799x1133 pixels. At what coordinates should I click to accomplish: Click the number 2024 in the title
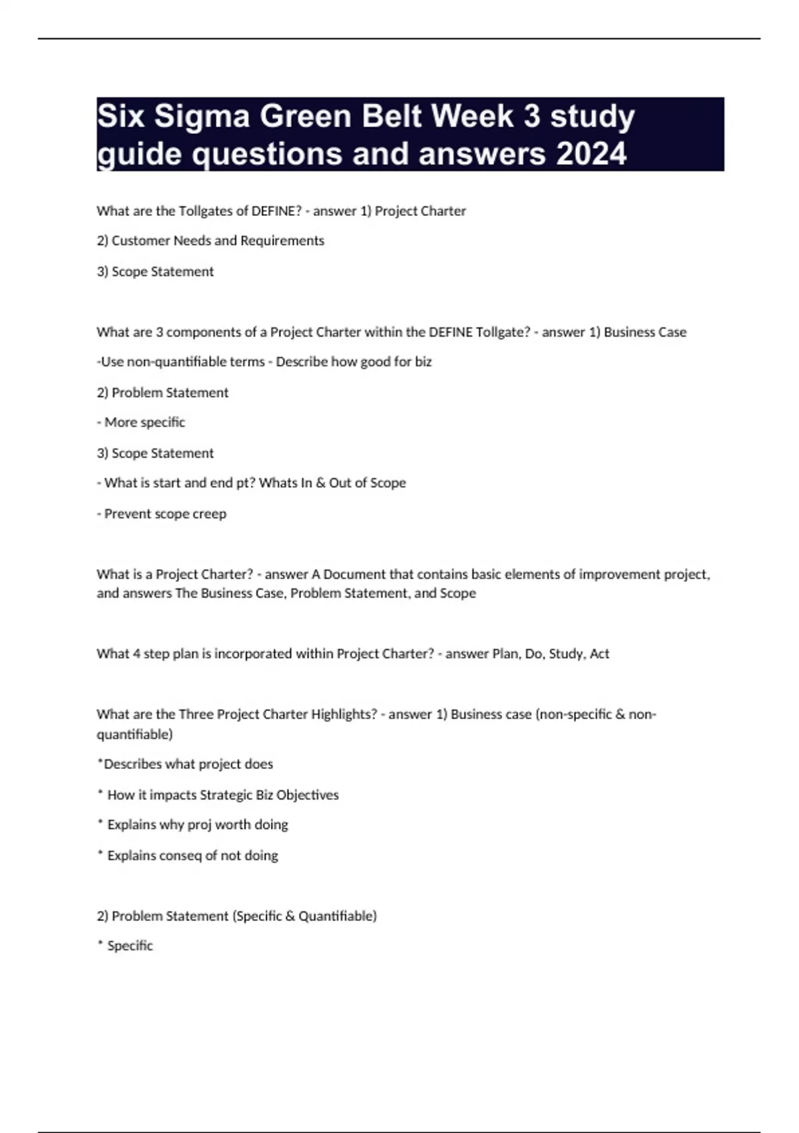point(591,154)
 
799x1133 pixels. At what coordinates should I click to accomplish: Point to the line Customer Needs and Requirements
point(210,241)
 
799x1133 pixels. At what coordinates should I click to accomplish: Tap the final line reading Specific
point(130,946)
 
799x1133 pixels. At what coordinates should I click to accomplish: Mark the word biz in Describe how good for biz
point(423,362)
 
